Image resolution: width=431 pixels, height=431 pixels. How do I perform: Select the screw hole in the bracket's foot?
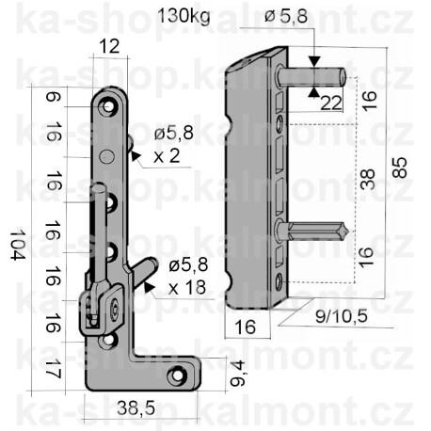pyautogui.click(x=176, y=378)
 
